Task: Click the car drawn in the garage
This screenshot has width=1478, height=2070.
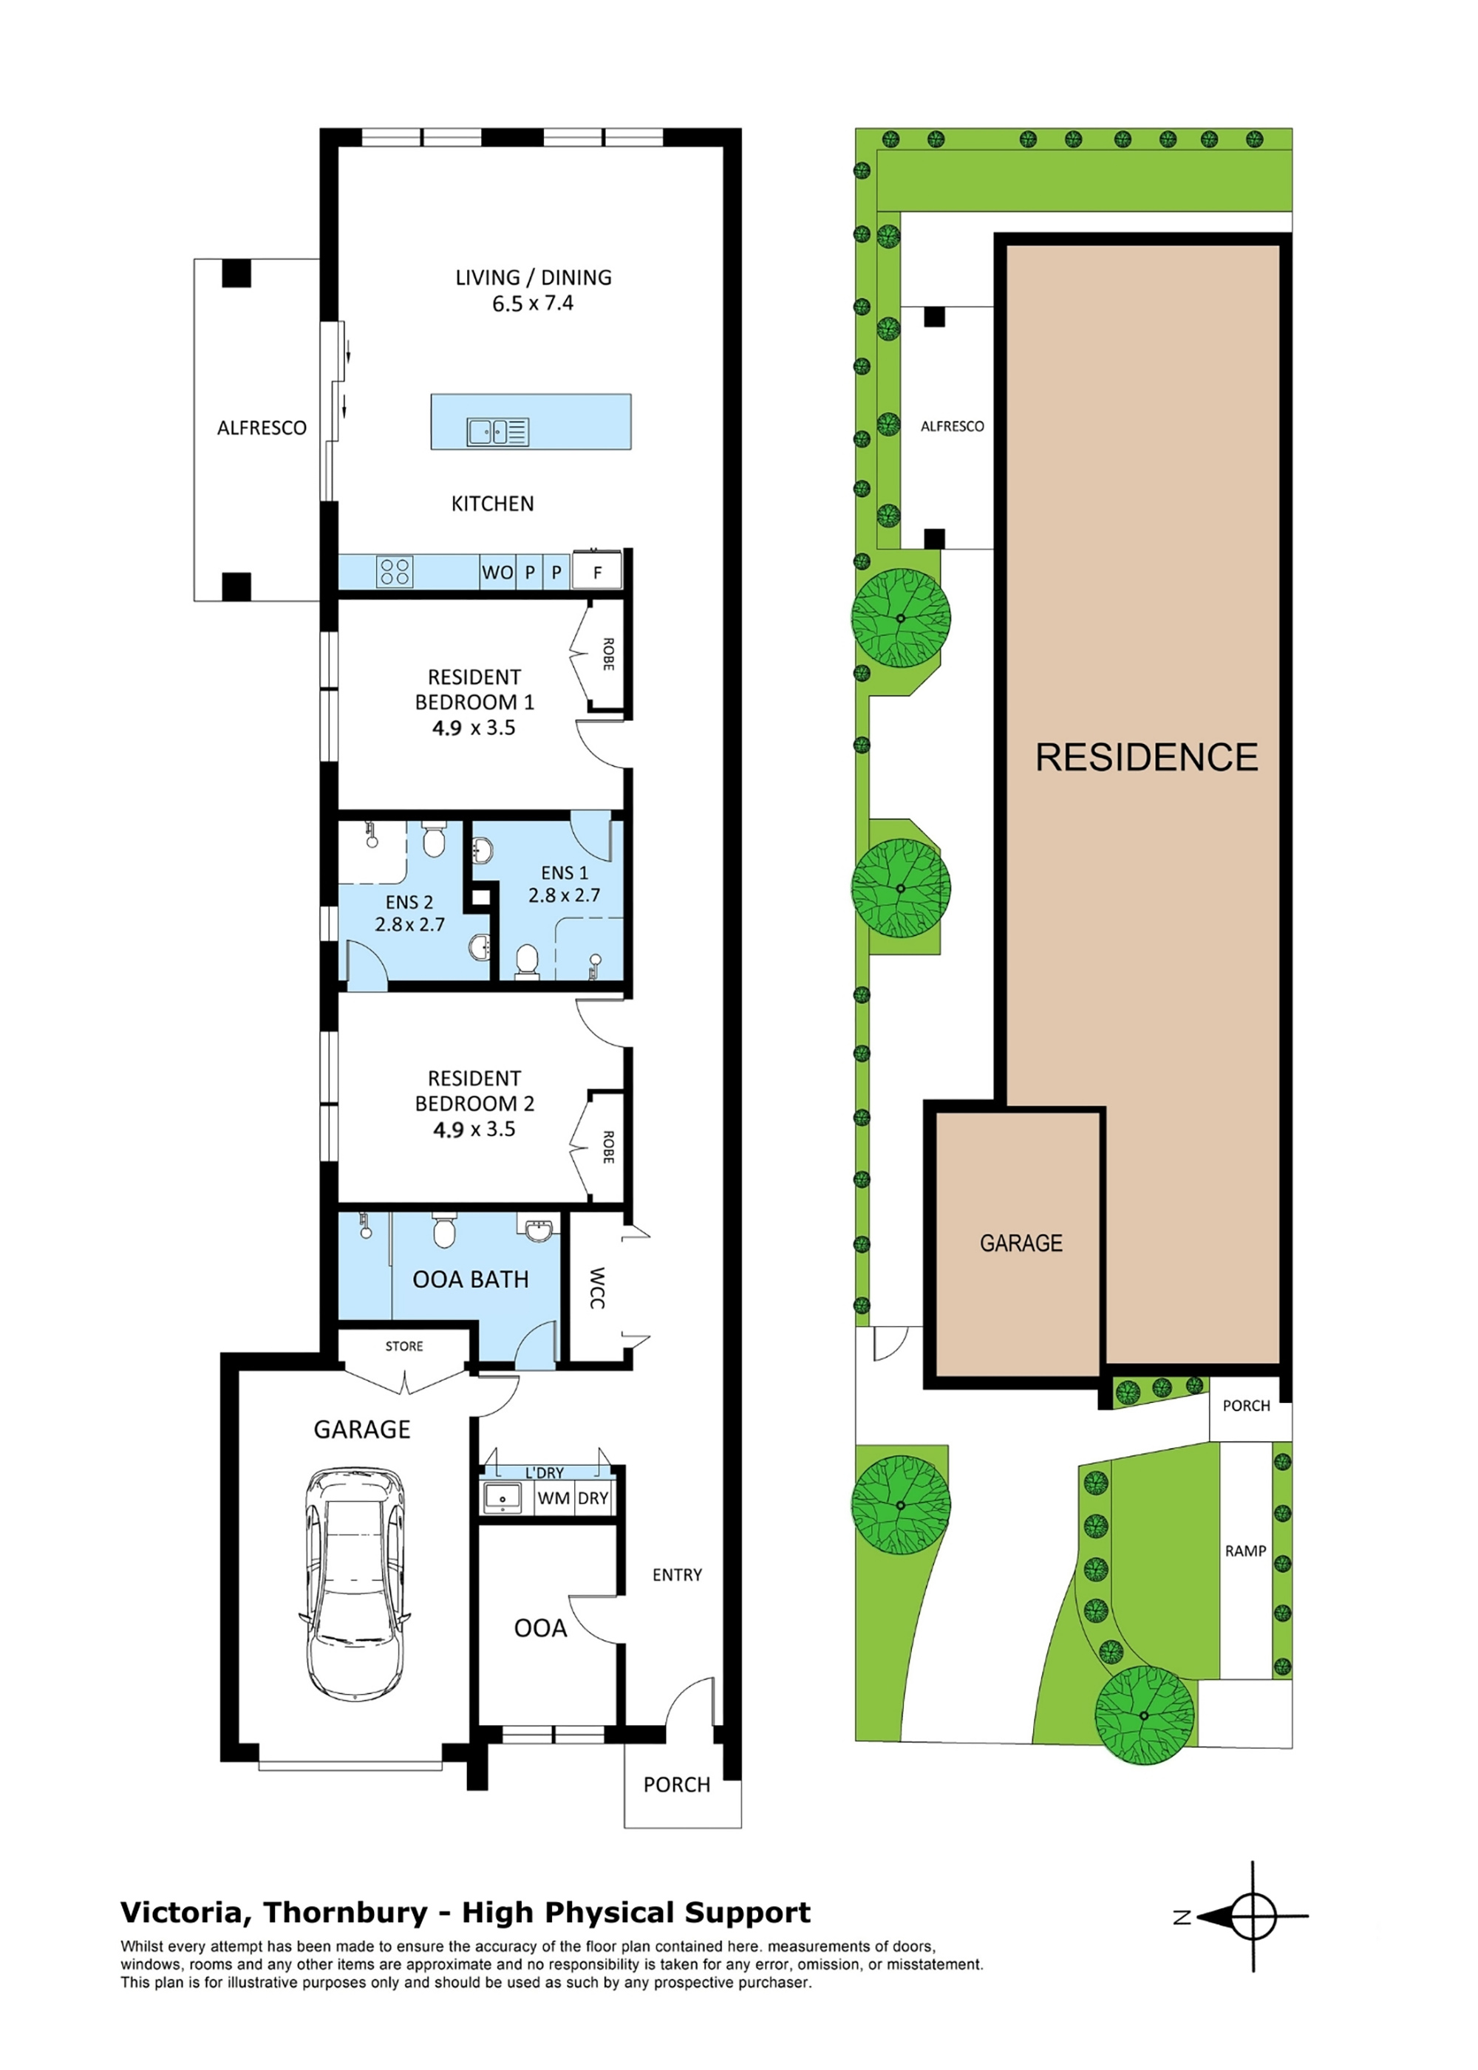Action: point(354,1583)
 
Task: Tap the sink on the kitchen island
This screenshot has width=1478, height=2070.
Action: point(497,431)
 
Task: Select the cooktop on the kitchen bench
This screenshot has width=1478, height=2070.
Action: point(395,571)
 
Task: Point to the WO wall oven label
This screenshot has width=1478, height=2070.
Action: point(497,573)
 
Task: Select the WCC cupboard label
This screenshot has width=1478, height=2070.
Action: point(597,1288)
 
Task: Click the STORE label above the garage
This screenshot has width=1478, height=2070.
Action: point(404,1346)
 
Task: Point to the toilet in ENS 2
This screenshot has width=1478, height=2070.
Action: point(434,841)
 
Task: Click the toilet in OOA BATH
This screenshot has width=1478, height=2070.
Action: point(443,1232)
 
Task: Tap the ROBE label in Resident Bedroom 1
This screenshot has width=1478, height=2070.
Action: point(608,655)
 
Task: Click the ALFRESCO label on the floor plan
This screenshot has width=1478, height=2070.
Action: point(261,428)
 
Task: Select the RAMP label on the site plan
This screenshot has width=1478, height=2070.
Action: point(1245,1551)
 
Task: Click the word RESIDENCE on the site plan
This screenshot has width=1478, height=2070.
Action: point(1147,757)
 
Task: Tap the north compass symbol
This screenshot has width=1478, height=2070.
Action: point(1253,1917)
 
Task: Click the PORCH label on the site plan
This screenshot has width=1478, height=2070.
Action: point(1246,1406)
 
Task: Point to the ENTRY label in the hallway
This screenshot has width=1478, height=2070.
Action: point(677,1575)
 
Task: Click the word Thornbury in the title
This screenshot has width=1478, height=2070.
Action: point(345,1913)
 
